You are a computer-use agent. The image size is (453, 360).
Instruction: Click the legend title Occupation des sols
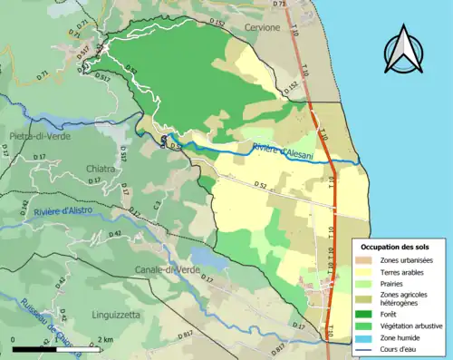point(395,247)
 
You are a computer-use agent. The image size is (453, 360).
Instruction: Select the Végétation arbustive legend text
point(416,325)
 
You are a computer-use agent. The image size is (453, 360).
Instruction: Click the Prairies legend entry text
point(393,283)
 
